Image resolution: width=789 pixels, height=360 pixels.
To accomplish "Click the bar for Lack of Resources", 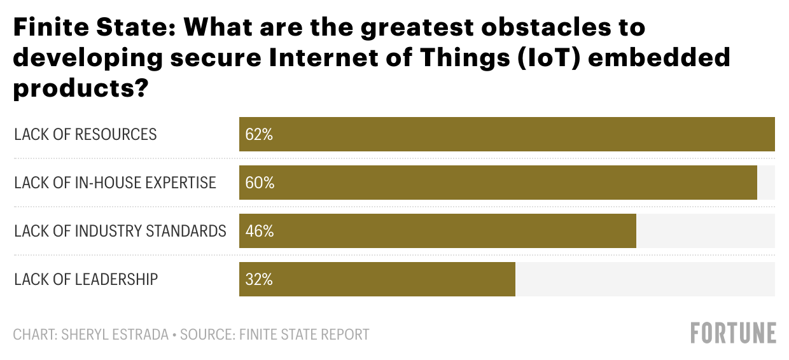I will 506,134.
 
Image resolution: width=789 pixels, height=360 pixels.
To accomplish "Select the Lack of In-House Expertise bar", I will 498,183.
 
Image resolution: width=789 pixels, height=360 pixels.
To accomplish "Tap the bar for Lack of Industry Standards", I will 437,230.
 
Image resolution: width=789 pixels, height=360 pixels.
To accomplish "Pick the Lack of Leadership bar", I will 377,279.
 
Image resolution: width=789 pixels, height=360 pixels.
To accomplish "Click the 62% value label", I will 259,135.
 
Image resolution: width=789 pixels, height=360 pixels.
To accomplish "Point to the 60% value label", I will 260,183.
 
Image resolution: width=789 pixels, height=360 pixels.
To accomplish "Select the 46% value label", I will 259,231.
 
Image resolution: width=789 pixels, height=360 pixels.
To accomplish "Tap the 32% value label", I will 259,279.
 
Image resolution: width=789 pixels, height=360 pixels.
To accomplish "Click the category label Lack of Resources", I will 85,135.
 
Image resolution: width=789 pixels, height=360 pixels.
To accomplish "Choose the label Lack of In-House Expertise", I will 115,183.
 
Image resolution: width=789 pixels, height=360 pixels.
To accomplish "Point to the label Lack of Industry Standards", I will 120,231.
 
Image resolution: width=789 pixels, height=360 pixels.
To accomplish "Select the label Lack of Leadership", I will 86,279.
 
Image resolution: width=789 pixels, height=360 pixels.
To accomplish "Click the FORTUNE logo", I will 734,333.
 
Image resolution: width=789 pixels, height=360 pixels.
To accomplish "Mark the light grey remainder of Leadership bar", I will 645,279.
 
